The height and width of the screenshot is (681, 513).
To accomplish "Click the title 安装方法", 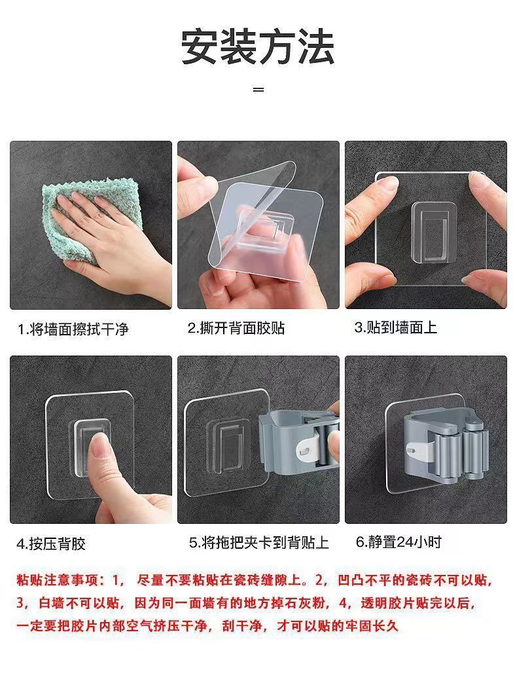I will [257, 46].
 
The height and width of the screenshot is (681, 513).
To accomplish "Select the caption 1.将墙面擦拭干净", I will [73, 329].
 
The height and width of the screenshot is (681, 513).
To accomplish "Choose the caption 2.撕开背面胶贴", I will [236, 328].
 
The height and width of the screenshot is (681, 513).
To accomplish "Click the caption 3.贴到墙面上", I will [395, 327].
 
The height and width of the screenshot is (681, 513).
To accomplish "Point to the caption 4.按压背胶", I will [51, 543].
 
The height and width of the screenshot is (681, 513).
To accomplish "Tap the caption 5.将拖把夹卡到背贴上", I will [258, 543].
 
